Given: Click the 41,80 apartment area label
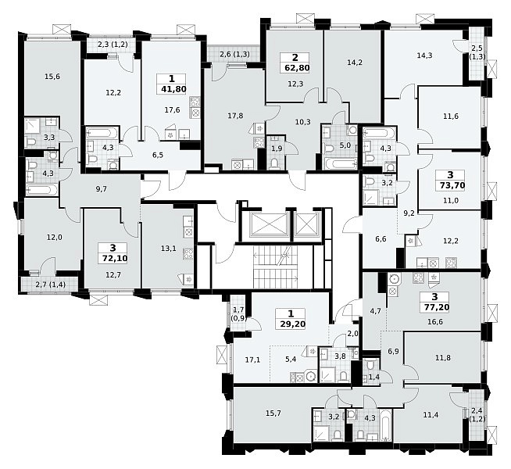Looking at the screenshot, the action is click(x=172, y=88).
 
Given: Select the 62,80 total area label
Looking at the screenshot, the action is click(x=295, y=68).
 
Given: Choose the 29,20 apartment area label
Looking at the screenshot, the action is click(x=291, y=324).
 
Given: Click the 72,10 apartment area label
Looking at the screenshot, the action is click(x=113, y=258).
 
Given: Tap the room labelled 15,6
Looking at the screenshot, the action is click(x=52, y=77).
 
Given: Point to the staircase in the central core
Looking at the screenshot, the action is click(x=276, y=267).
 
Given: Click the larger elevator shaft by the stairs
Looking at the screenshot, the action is click(x=270, y=224).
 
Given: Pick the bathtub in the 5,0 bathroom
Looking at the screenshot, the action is click(x=341, y=163).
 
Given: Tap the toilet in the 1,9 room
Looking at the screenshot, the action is click(x=273, y=163).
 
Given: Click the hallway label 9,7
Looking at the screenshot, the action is click(x=101, y=188).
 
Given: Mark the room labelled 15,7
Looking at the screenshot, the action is click(x=273, y=414).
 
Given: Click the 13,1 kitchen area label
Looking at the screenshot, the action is click(x=169, y=249).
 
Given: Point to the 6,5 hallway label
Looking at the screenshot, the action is click(x=157, y=155).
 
